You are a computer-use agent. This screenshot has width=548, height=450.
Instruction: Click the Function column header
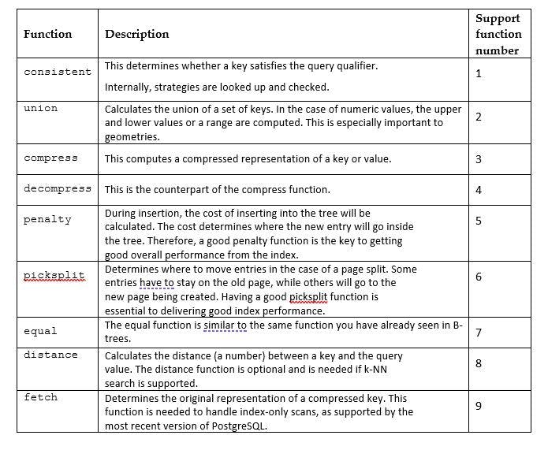(x=47, y=34)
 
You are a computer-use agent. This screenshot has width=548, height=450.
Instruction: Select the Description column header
(x=136, y=34)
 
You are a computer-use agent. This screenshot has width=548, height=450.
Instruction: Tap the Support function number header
(x=498, y=34)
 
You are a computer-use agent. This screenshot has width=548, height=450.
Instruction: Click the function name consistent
(x=57, y=72)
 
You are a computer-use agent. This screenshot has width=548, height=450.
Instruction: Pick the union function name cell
(x=40, y=108)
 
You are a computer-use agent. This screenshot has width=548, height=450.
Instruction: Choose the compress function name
(x=50, y=158)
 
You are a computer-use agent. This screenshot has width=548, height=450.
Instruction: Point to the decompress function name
(x=57, y=189)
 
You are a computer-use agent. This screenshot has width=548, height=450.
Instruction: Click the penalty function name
(x=47, y=219)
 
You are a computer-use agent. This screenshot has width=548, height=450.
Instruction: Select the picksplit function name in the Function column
(x=54, y=275)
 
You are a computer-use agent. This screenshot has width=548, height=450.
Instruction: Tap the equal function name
(x=40, y=331)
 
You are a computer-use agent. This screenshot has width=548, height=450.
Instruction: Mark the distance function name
(x=50, y=355)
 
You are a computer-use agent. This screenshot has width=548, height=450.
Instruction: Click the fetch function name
(x=40, y=397)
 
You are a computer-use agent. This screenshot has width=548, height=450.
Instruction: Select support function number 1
(x=479, y=74)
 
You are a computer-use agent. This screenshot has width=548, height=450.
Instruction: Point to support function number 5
(x=479, y=221)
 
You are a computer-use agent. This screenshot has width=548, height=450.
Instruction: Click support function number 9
(x=479, y=406)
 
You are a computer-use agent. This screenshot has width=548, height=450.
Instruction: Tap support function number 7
(x=479, y=333)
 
